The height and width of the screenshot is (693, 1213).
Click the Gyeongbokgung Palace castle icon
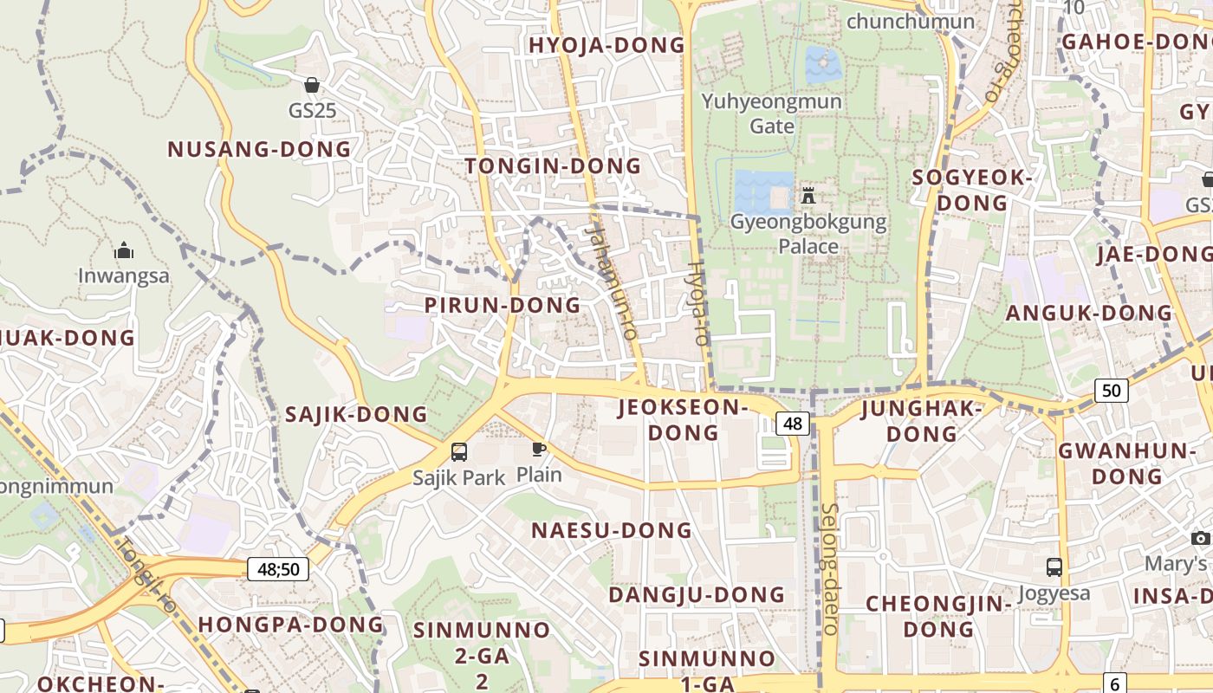(808, 195)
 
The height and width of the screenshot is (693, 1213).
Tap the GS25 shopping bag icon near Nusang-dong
(312, 85)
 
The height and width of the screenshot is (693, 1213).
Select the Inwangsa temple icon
(124, 251)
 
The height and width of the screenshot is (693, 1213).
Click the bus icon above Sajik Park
(459, 451)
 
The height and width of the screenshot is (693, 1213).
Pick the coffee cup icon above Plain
(539, 449)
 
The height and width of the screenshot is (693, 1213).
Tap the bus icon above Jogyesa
(1054, 567)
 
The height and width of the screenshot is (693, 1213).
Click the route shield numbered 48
(793, 424)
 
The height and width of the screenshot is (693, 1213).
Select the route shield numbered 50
(1112, 391)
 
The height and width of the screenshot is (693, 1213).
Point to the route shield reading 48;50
(278, 569)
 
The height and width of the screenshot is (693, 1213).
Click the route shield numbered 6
(1115, 683)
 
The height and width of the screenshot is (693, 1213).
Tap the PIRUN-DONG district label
(503, 305)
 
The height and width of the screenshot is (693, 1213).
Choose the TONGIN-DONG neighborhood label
(553, 165)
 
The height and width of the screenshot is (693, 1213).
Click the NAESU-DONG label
(612, 530)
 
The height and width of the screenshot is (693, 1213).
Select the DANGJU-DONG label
(697, 595)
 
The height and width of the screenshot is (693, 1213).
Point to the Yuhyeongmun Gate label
(771, 113)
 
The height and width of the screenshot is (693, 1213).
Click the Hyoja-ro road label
(697, 303)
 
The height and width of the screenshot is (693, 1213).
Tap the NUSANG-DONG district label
(259, 149)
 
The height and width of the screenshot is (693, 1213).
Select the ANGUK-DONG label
(1088, 313)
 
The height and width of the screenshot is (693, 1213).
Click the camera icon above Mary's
(1201, 539)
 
